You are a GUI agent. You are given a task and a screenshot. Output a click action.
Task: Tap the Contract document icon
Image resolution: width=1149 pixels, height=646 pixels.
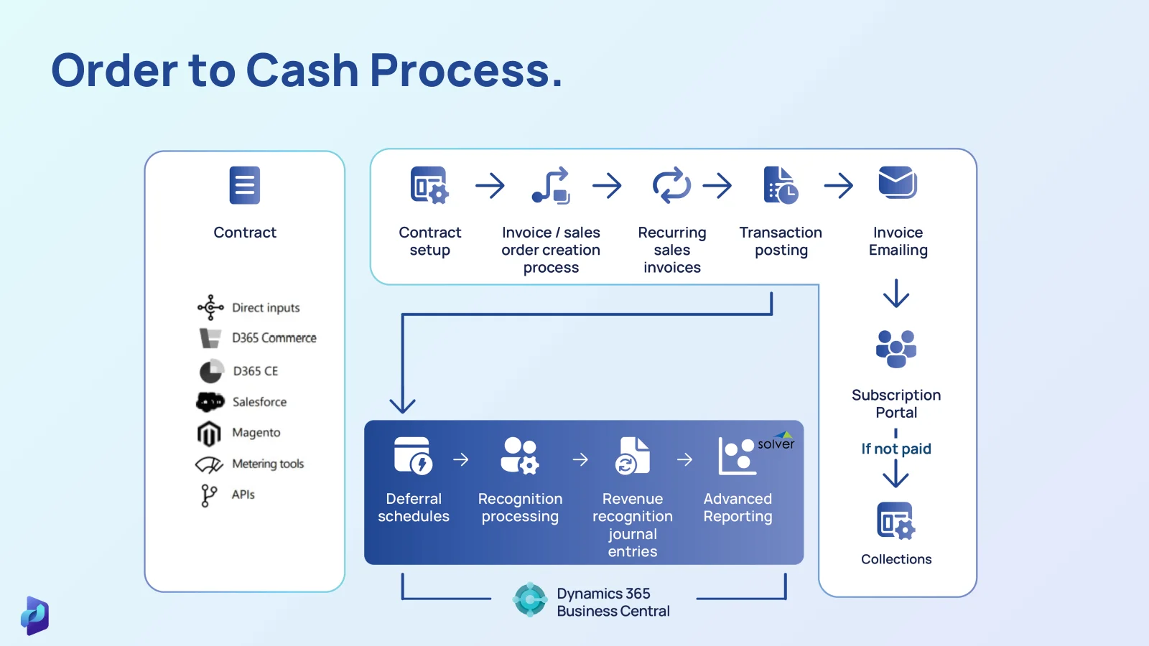(x=245, y=185)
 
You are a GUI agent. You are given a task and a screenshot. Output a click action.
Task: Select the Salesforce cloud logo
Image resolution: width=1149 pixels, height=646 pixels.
(x=210, y=402)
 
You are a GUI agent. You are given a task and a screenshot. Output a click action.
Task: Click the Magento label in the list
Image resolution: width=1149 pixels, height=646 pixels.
(x=256, y=433)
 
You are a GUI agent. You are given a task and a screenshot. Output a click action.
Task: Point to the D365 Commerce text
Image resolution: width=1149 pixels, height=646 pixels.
(x=274, y=338)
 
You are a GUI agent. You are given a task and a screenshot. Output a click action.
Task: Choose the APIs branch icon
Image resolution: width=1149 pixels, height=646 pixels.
(x=208, y=495)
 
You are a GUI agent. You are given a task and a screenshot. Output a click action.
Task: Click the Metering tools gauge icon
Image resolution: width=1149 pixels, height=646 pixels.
(x=209, y=465)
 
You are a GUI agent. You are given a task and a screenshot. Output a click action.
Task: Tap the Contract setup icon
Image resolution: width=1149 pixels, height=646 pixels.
(x=429, y=186)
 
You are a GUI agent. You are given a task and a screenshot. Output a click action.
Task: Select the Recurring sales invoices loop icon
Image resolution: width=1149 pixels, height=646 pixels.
(x=671, y=186)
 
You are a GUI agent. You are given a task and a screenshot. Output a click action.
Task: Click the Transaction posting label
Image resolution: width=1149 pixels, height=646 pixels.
(x=781, y=241)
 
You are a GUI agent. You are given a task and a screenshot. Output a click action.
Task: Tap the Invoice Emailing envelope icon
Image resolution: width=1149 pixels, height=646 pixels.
(x=898, y=183)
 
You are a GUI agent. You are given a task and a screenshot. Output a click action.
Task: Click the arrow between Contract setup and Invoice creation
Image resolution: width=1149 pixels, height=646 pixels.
(x=490, y=186)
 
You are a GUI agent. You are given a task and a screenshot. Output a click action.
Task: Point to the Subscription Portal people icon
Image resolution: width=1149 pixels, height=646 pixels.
(x=896, y=349)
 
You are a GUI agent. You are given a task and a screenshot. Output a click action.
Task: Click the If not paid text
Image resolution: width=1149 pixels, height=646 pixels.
(x=896, y=449)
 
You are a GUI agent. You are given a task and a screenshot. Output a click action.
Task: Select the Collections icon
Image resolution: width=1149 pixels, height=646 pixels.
(x=896, y=521)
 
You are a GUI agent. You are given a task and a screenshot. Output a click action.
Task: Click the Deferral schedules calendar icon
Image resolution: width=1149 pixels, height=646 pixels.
(x=413, y=456)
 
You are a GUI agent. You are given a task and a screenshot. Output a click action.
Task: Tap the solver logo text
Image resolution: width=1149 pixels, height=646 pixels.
(x=776, y=444)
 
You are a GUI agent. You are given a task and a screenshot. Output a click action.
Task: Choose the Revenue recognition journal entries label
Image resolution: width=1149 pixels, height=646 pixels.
(x=632, y=525)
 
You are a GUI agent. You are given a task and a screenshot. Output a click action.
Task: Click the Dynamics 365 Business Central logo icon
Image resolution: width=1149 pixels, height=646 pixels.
(x=530, y=599)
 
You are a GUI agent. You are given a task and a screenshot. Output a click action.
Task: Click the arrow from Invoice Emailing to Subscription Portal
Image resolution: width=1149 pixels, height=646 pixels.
(x=896, y=294)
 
